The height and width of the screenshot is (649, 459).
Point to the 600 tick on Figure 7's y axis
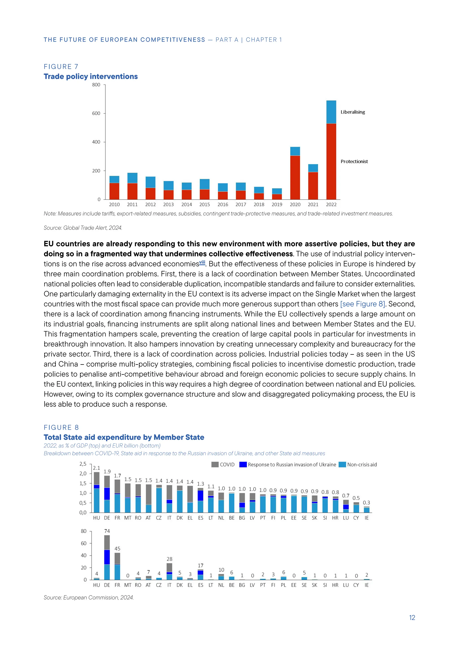[96, 113]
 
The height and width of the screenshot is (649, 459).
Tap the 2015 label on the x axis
[204, 205]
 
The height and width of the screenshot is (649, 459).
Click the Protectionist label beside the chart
[354, 161]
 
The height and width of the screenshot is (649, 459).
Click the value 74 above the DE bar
[107, 531]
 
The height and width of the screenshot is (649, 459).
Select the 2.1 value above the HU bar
[96, 468]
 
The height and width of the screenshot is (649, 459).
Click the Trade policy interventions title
[91, 76]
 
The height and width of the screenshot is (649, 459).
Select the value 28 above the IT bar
[169, 559]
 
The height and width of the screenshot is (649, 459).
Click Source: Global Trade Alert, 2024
[83, 228]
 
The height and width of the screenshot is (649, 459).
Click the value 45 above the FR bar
[117, 549]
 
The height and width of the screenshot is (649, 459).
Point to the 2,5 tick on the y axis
[83, 464]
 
